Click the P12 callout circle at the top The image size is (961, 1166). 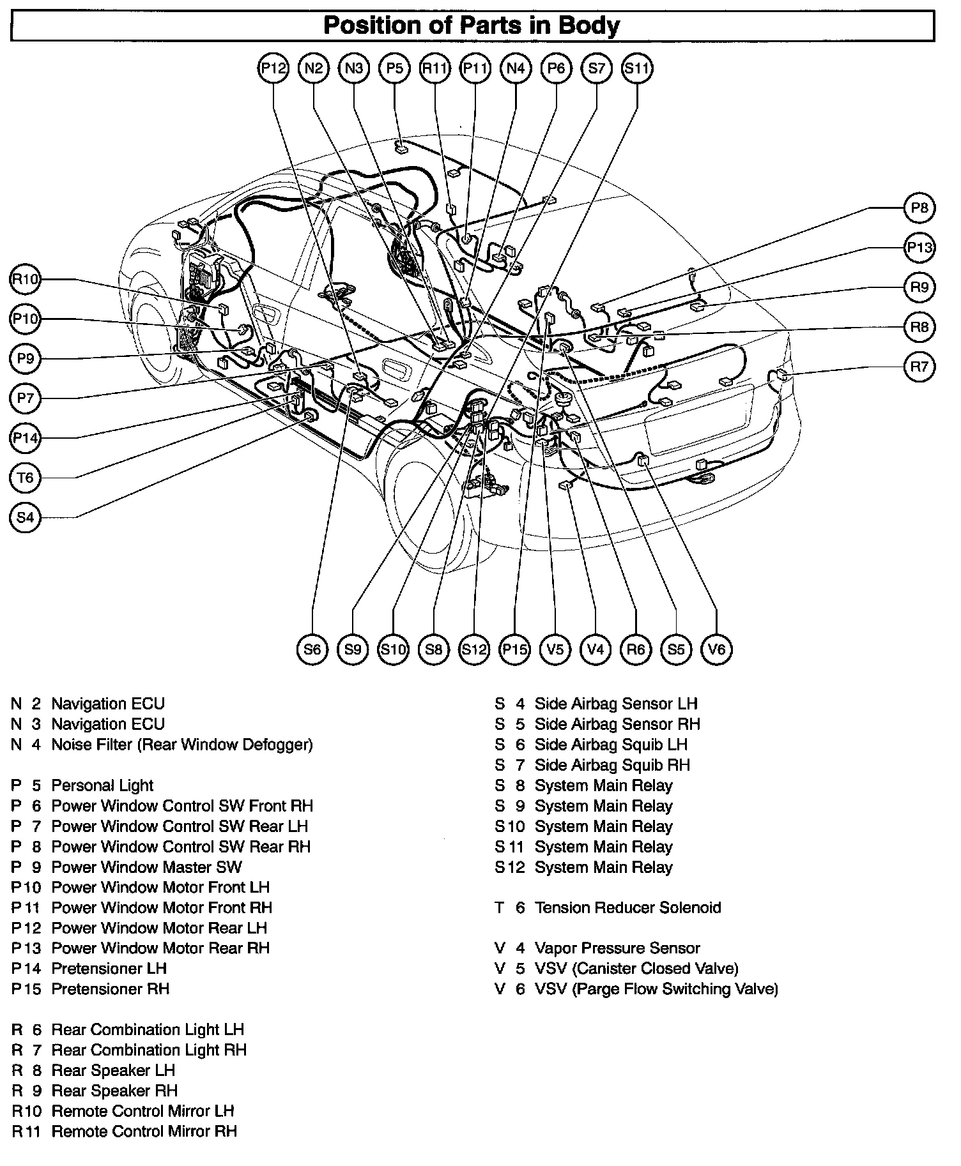click(x=273, y=68)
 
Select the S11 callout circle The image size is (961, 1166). click(x=637, y=68)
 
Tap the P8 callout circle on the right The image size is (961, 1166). click(x=919, y=208)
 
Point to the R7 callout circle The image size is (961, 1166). click(x=919, y=367)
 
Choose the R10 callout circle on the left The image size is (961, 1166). click(x=26, y=279)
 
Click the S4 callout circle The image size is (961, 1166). click(x=26, y=517)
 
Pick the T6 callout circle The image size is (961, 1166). click(x=26, y=478)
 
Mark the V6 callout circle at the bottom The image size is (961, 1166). click(x=717, y=649)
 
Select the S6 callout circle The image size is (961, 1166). click(x=312, y=649)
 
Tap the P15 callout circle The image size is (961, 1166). click(x=515, y=649)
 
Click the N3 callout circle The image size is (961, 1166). click(x=354, y=68)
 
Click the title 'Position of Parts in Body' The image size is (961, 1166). click(x=472, y=26)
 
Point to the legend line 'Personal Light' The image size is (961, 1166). click(x=102, y=785)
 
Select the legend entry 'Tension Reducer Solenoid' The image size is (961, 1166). click(x=627, y=907)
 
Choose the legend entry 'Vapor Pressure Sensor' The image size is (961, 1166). click(x=617, y=948)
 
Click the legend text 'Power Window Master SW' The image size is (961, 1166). click(x=146, y=867)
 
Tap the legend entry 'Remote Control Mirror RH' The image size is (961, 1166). click(x=144, y=1132)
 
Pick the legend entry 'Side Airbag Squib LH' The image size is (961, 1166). click(x=611, y=745)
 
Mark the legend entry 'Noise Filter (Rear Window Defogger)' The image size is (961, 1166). click(x=182, y=745)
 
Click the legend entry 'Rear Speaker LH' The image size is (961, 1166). click(x=113, y=1070)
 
